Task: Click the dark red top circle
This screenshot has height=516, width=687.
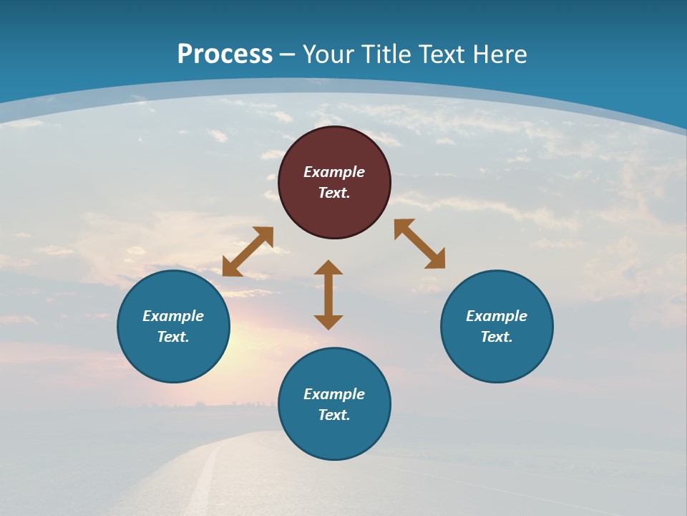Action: click(334, 182)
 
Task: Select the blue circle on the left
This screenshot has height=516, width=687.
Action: click(173, 326)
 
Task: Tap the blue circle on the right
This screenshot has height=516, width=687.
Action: click(497, 326)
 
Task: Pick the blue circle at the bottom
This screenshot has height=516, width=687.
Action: click(334, 404)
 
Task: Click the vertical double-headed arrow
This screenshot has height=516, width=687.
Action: click(328, 295)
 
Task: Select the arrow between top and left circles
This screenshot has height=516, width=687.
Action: click(248, 252)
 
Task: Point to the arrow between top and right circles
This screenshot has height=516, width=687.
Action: click(420, 244)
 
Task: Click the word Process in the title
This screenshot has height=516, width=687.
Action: click(225, 54)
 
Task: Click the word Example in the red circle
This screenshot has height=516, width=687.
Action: click(334, 172)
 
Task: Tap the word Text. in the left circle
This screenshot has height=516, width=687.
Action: click(173, 337)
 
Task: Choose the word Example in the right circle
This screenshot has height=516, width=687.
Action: click(497, 316)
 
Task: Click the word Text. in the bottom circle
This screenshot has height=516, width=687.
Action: click(334, 415)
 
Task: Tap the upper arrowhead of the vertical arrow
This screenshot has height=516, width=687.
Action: click(328, 268)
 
